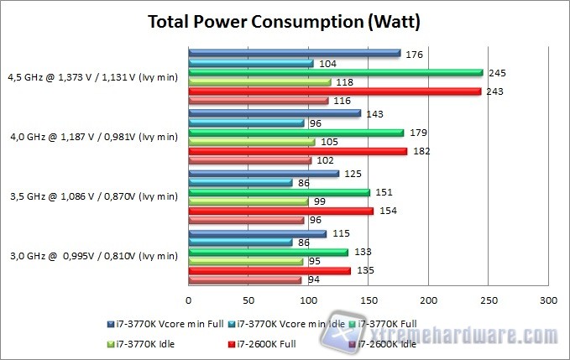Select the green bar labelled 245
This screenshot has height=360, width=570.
point(336,73)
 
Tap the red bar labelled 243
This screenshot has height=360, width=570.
point(335,91)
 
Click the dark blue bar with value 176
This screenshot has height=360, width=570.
point(294,54)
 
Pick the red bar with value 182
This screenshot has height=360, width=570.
point(298,151)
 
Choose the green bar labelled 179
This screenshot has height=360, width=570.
point(296,133)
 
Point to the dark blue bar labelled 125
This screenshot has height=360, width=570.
point(264,174)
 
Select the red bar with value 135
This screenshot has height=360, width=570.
point(269,270)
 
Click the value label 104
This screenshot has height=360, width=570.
point(328,64)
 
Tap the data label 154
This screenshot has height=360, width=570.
point(385,211)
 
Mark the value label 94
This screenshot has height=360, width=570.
point(313,280)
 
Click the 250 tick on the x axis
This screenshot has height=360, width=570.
point(489,300)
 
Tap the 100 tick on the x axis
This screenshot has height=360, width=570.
point(309,300)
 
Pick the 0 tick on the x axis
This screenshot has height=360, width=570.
point(189,300)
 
